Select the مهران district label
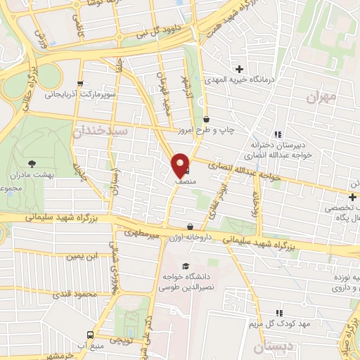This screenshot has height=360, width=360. [323, 97]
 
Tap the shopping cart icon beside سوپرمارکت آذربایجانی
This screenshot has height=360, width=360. [81, 82]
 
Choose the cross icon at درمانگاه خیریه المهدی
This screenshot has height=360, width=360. [240, 69]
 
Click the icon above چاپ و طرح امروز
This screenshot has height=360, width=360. [206, 120]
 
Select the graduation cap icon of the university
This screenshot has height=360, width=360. [185, 266]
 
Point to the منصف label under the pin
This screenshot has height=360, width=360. [181, 181]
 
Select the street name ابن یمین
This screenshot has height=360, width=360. [82, 256]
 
